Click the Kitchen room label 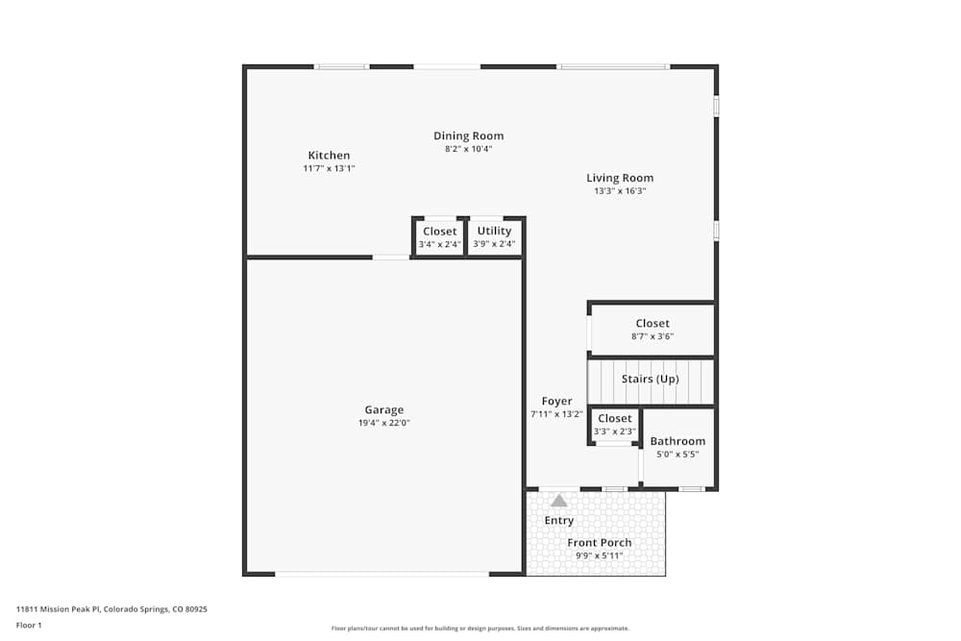329,156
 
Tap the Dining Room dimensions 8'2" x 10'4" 468,149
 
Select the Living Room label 620,178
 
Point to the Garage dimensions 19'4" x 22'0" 383,423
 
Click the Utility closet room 495,236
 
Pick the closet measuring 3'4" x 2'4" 440,237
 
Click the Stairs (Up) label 651,379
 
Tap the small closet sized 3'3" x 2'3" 615,425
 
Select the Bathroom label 678,441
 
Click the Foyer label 556,401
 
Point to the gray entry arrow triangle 559,501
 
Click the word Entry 559,520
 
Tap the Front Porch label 600,543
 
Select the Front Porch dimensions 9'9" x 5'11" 600,555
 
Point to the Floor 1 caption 29,625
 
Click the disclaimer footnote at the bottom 480,628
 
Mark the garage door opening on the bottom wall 382,574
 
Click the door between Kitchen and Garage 391,257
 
